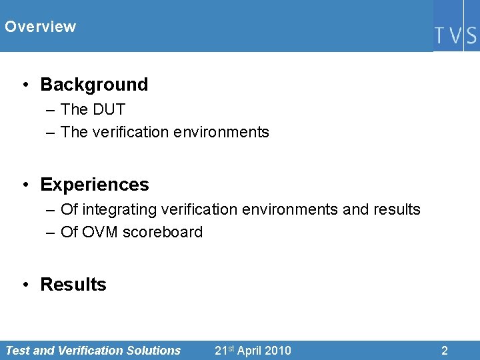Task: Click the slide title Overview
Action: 40,27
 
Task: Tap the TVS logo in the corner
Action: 456,35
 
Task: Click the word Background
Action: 94,85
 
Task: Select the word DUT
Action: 109,109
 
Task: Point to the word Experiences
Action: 95,185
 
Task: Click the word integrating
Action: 113,209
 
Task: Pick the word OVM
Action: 100,232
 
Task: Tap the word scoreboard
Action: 163,232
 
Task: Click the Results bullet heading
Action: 73,285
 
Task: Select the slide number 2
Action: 445,350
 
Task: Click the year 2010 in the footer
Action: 277,350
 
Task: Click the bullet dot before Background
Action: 25,85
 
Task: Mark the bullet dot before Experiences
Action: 25,185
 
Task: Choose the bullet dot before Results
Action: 25,285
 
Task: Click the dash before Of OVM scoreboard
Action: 51,232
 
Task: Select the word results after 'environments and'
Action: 397,209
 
